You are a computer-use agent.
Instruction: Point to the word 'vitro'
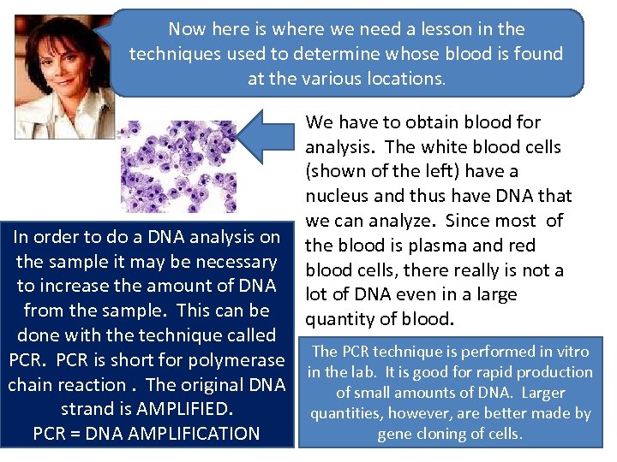click(x=571, y=351)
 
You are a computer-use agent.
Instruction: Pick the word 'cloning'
click(x=446, y=434)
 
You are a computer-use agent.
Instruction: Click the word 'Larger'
click(x=542, y=393)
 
